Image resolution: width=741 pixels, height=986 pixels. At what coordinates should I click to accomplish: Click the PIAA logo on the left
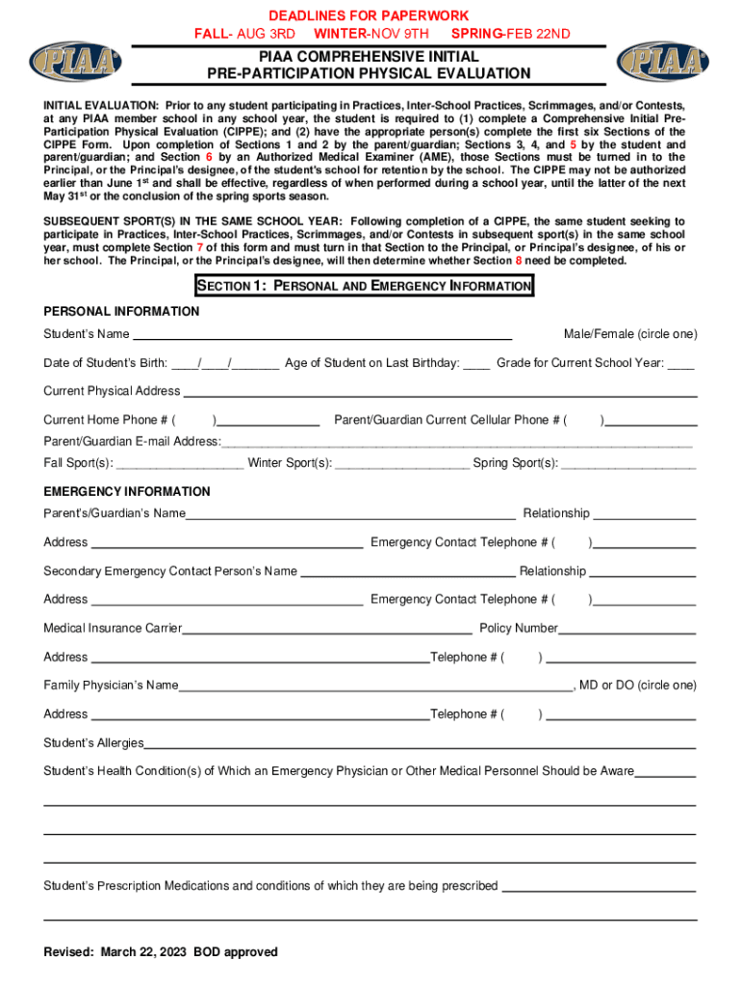click(76, 62)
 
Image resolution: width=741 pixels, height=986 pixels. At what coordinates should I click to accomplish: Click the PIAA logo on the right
click(663, 62)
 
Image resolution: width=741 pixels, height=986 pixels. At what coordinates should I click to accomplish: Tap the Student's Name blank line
click(321, 336)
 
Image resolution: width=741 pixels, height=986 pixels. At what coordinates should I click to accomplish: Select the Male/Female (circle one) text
click(630, 334)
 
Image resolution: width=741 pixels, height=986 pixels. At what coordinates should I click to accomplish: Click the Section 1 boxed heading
click(364, 286)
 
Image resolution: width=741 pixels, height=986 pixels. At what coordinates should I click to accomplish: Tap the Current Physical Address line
click(440, 393)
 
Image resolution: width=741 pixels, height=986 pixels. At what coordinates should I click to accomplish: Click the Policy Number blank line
click(626, 631)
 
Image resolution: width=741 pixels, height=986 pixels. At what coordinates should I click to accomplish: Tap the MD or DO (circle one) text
click(638, 686)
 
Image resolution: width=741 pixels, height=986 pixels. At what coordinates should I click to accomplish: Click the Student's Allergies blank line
click(420, 745)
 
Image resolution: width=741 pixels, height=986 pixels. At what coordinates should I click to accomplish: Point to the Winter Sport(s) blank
click(402, 464)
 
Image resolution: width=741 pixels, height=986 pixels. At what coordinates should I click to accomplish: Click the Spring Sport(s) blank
click(627, 464)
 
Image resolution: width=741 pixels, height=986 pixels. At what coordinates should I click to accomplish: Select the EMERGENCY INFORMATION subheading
click(127, 491)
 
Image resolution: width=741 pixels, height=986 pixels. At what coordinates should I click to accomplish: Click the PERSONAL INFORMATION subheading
click(121, 311)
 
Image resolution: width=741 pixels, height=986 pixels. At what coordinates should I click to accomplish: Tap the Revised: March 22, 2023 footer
click(161, 952)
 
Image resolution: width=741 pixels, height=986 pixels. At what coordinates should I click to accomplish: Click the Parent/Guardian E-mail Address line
click(456, 443)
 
